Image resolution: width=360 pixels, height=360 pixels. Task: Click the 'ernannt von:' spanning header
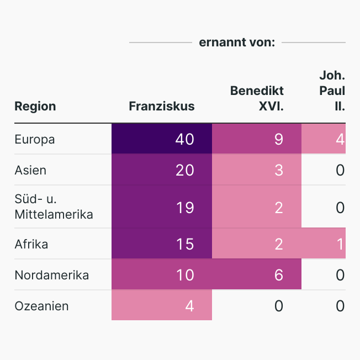pyautogui.click(x=237, y=43)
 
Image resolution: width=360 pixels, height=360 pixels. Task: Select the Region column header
pyautogui.click(x=35, y=106)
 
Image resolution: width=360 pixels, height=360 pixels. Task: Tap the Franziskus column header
pyautogui.click(x=162, y=106)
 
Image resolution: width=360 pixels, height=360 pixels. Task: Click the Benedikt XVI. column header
pyautogui.click(x=257, y=98)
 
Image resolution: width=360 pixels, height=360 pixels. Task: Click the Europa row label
pyautogui.click(x=35, y=139)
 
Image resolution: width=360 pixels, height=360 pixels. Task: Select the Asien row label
pyautogui.click(x=30, y=170)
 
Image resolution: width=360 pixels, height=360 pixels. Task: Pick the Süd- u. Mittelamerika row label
pyautogui.click(x=54, y=207)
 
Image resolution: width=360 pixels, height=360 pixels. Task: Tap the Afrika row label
pyautogui.click(x=31, y=243)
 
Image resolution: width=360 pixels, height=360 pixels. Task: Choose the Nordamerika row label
pyautogui.click(x=51, y=275)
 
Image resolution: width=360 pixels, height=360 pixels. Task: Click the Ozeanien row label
pyautogui.click(x=41, y=306)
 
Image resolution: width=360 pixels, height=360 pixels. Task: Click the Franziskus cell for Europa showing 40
pyautogui.click(x=184, y=139)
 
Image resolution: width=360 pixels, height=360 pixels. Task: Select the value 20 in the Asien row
pyautogui.click(x=184, y=170)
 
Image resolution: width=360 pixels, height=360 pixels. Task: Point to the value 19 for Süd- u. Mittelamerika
pyautogui.click(x=184, y=208)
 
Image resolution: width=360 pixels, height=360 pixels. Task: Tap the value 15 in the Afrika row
pyautogui.click(x=184, y=244)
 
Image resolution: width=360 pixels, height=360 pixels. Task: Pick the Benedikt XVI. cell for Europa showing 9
pyautogui.click(x=278, y=139)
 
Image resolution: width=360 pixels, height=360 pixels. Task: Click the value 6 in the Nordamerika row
pyautogui.click(x=278, y=275)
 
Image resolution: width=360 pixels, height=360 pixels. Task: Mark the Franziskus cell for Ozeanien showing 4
pyautogui.click(x=189, y=306)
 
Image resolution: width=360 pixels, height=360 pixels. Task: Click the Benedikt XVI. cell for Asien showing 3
pyautogui.click(x=278, y=170)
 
